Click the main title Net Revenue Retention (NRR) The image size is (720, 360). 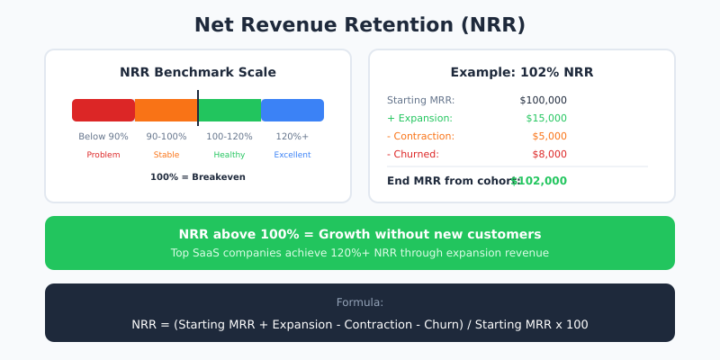click(x=360, y=25)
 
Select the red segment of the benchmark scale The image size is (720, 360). click(x=103, y=110)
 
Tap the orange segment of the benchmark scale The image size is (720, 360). click(x=166, y=110)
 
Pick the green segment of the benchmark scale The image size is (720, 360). click(x=230, y=110)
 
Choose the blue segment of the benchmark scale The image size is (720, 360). click(x=292, y=110)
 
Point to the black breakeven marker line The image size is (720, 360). click(x=198, y=107)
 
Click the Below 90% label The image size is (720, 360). click(x=103, y=137)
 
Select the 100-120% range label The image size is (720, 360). click(x=229, y=137)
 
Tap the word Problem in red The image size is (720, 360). click(x=103, y=155)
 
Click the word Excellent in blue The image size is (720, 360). click(x=292, y=155)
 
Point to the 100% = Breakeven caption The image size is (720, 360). click(x=198, y=177)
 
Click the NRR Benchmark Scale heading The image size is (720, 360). click(x=198, y=72)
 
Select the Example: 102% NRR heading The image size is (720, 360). click(x=522, y=72)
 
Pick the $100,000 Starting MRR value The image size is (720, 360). click(x=543, y=100)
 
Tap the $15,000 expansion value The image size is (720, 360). click(x=546, y=118)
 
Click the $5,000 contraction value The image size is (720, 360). click(x=549, y=136)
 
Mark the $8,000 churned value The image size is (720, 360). click(x=549, y=154)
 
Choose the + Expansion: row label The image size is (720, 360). click(x=419, y=118)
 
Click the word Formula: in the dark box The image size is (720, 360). click(x=360, y=302)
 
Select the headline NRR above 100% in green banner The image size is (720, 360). click(x=360, y=234)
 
